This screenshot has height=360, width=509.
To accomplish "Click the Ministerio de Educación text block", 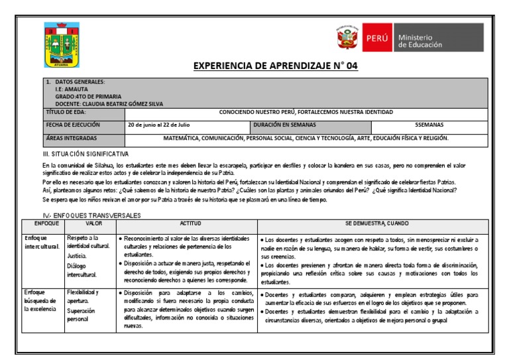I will point(419,40).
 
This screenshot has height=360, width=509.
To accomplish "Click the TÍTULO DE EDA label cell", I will point(83,113).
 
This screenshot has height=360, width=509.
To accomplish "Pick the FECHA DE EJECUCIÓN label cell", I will point(83,125).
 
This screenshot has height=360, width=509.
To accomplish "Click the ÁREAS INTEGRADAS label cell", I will point(83,139).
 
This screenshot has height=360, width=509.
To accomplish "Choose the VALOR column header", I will point(90,224).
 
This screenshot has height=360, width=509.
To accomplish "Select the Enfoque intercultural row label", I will point(42,243).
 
